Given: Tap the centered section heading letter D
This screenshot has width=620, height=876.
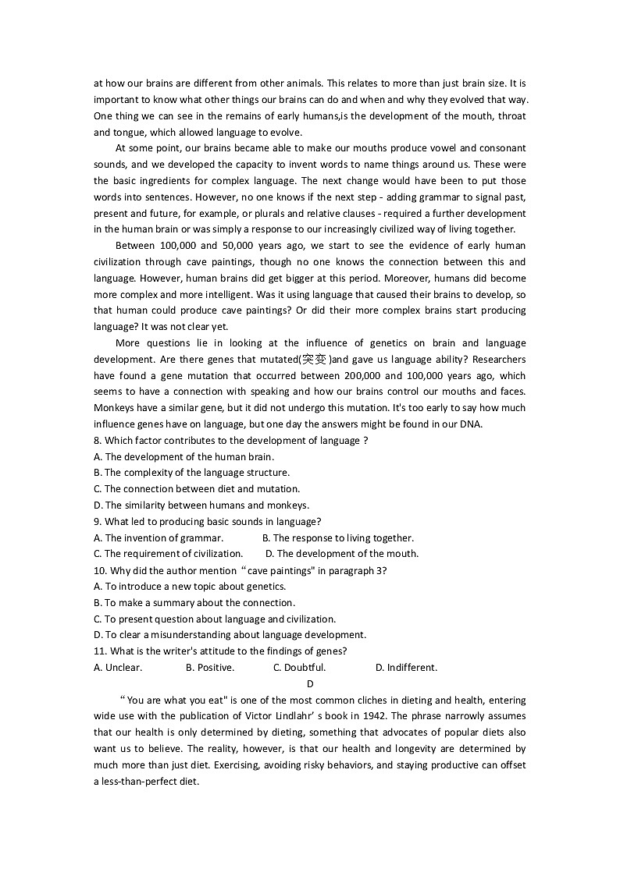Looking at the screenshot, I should (x=310, y=684).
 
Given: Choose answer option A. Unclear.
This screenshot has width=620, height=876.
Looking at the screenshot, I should (x=118, y=668).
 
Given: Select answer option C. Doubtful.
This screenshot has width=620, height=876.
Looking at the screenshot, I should (x=300, y=668).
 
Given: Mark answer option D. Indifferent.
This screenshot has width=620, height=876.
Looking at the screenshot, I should (x=406, y=668).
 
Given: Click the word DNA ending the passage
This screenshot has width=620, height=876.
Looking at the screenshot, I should (x=472, y=424).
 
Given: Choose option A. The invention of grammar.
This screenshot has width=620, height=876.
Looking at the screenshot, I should (x=159, y=537).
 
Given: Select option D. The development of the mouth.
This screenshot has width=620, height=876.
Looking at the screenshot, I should (x=342, y=554).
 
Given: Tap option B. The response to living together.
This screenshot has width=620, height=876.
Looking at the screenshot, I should (x=337, y=537).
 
